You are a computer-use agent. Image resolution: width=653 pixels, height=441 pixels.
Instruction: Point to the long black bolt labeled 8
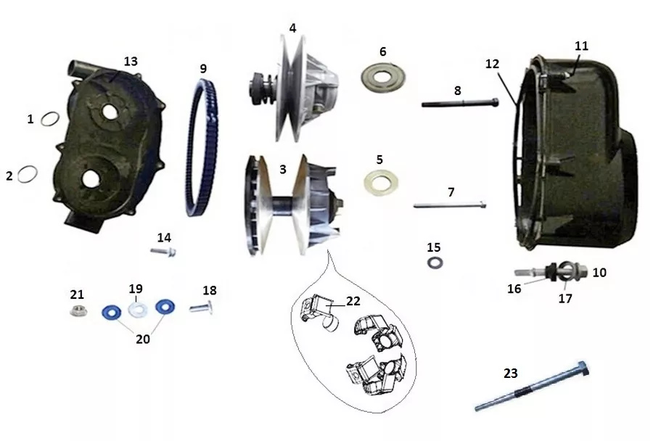pos(460,102)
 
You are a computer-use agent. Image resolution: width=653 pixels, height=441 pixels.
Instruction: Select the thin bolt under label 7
pos(450,205)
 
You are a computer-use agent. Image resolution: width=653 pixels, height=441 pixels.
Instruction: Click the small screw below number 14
pos(163,251)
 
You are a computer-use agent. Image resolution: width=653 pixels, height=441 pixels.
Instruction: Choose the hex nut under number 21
pos(78,310)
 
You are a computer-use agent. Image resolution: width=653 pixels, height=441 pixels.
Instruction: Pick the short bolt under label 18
pos(202,308)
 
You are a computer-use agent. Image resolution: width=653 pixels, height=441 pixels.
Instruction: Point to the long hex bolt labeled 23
pos(532,387)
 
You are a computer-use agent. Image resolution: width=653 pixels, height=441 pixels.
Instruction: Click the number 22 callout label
pos(353,300)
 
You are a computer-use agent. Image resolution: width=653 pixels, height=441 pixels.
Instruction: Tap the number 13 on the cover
pos(131,61)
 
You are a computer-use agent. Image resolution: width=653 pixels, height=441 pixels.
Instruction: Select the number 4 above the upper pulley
pos(293,28)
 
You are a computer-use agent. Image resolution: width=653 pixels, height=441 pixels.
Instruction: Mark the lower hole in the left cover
pos(91,178)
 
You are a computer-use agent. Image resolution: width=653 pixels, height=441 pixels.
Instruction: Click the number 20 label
pos(143,339)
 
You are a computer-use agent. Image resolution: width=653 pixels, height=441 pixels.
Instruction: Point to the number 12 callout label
pos(492,64)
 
